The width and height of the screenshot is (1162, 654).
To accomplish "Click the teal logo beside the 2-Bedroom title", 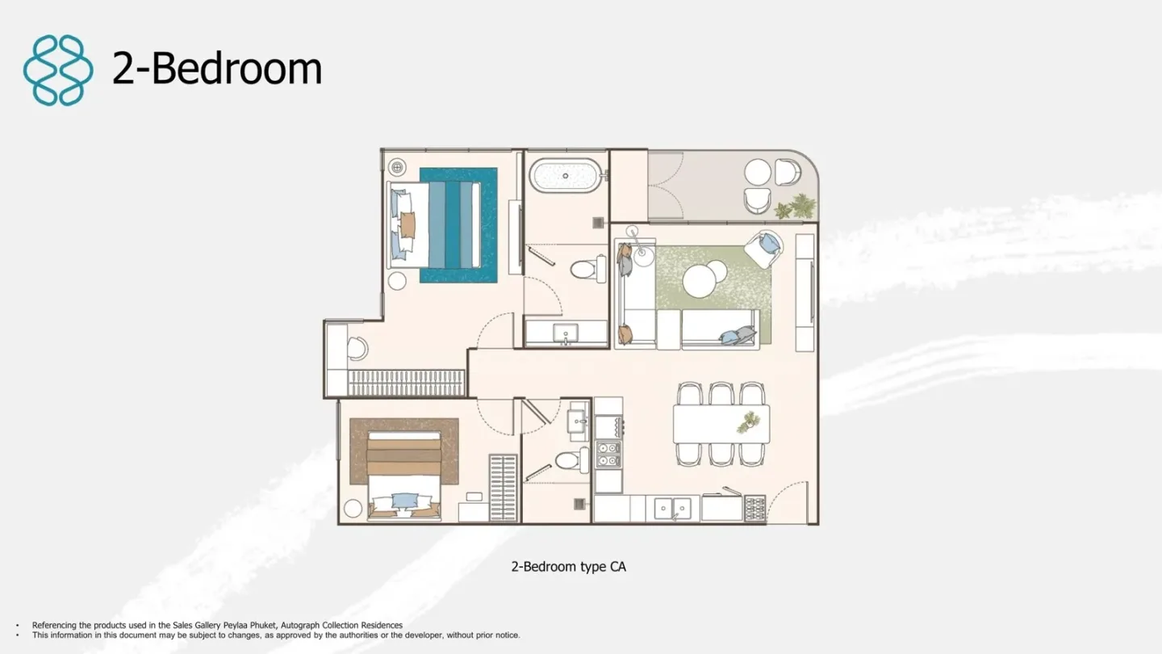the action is pos(58,70).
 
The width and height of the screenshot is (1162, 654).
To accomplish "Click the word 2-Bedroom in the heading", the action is pos(217,69).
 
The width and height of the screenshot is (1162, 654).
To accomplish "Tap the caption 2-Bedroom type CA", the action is pos(569,566).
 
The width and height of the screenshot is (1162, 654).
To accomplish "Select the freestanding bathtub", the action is pos(566,175).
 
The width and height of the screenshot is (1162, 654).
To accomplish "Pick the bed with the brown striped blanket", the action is pos(404,475).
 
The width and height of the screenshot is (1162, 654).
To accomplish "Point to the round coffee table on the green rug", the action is pos(704,279).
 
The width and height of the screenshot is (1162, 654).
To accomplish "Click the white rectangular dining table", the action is pos(721,424).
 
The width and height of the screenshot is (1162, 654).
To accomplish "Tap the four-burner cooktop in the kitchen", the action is pos(608,454).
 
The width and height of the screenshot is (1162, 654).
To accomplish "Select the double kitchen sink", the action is pos(672,508).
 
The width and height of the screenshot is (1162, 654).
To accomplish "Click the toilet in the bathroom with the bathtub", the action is pos(588,268).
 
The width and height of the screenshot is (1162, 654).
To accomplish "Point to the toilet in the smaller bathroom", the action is pos(572,460).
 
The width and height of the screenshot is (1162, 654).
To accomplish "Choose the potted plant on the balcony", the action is pos(796,206).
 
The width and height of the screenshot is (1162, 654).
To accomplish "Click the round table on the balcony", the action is pos(758,172).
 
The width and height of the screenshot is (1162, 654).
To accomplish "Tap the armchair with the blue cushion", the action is pos(763,248).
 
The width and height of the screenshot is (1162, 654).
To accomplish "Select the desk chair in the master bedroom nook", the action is pos(357,349).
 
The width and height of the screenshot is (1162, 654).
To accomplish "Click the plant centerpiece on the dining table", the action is pos(748,421).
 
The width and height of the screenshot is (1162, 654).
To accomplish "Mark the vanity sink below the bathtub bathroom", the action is pos(566,332).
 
